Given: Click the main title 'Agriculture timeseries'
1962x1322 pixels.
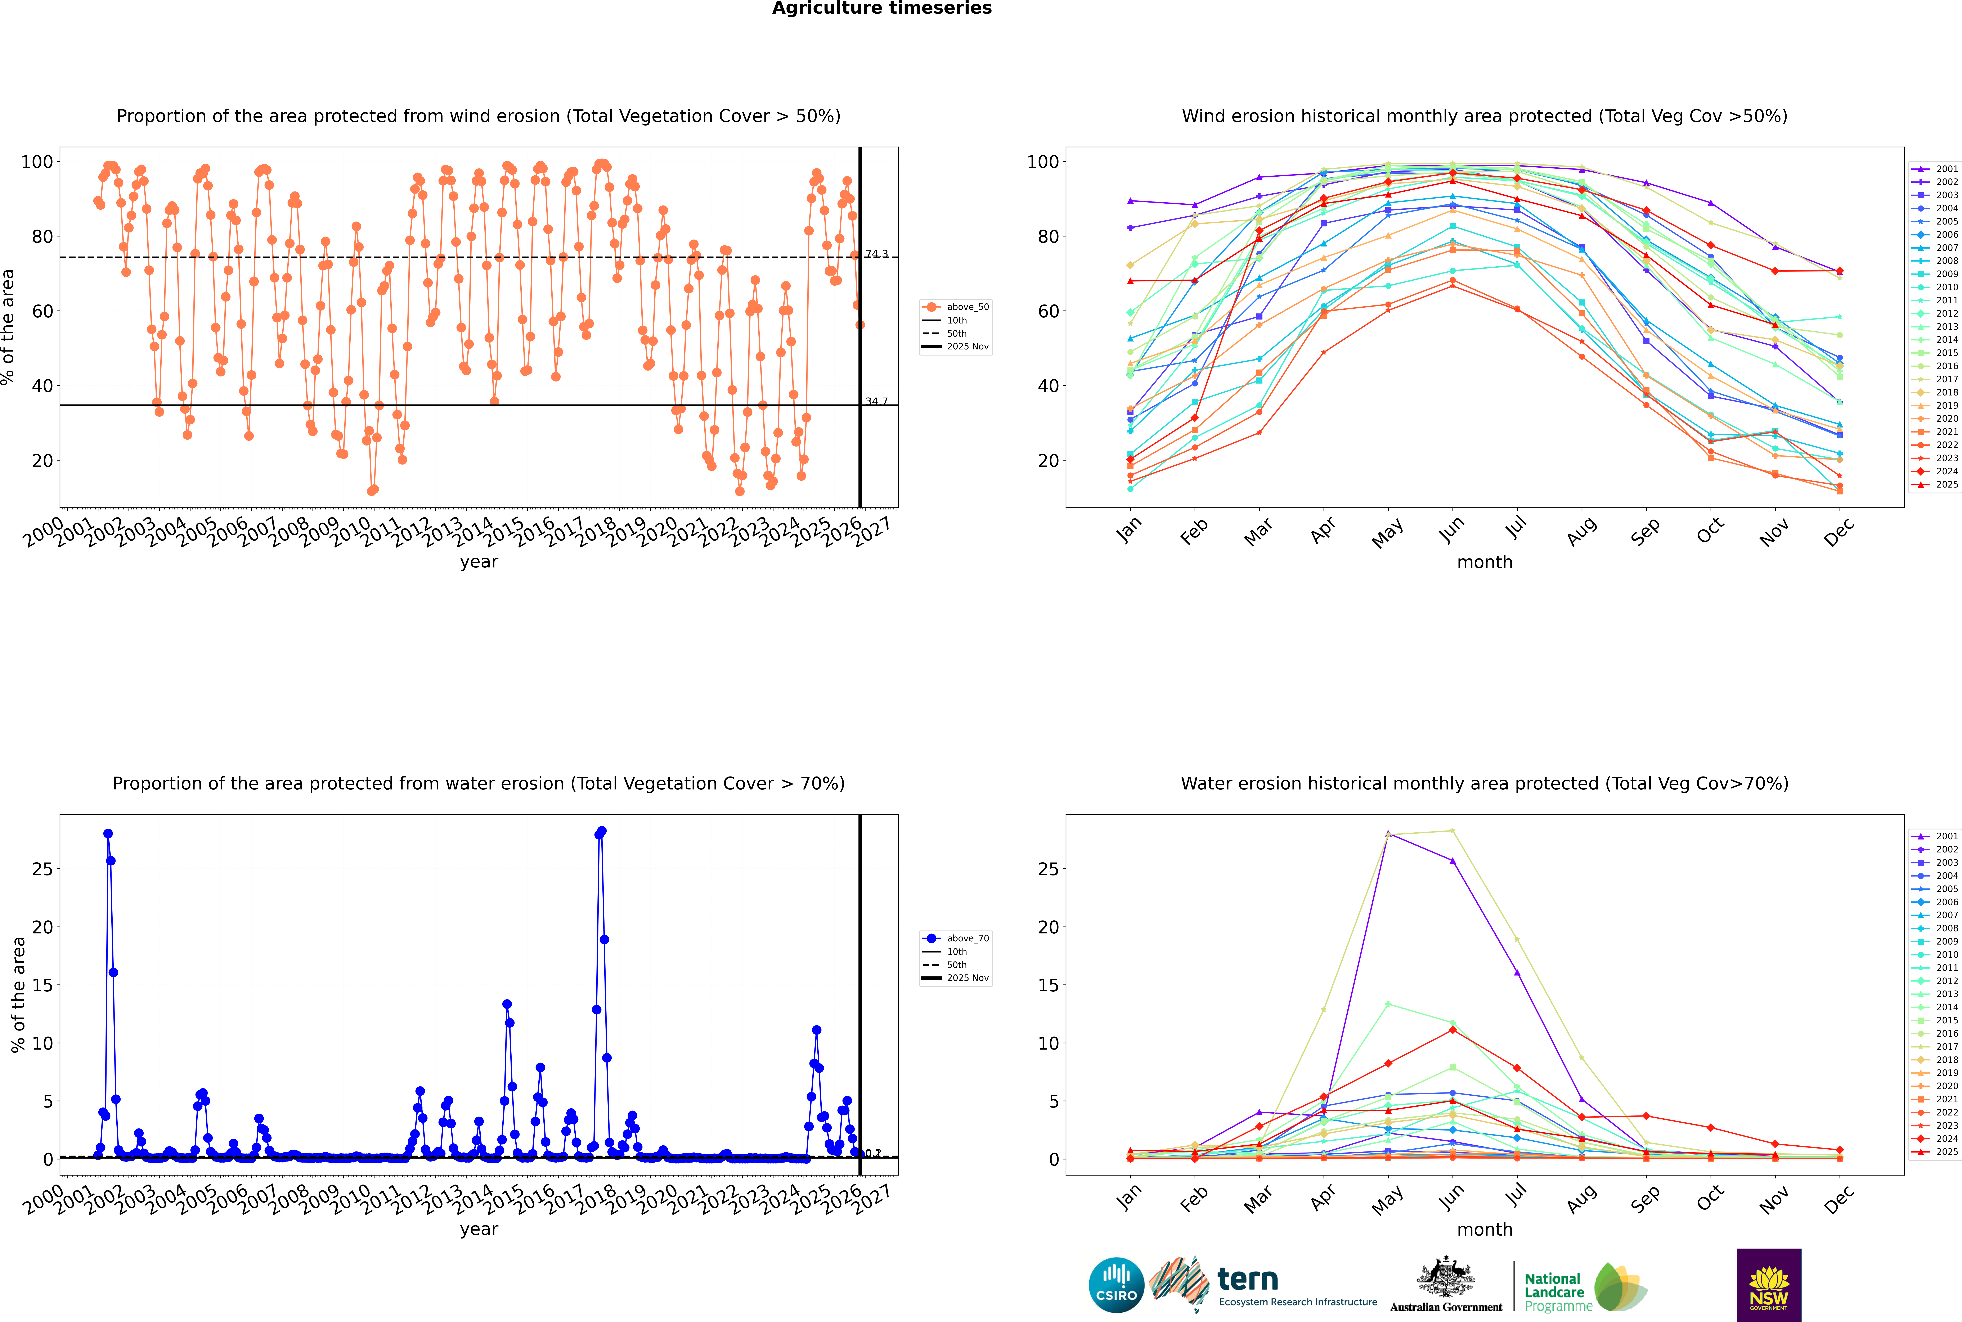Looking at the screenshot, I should (x=881, y=8).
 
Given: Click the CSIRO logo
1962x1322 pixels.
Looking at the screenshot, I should (x=1116, y=1285).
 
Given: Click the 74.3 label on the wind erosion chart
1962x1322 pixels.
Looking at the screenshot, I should (x=876, y=254).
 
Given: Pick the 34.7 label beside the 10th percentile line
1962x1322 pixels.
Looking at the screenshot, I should (x=876, y=401).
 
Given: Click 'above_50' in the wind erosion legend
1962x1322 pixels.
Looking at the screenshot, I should (x=967, y=307).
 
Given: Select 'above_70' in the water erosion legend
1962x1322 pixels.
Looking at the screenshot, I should (x=967, y=938).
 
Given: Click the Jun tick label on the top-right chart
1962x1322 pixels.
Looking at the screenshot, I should (x=1452, y=529).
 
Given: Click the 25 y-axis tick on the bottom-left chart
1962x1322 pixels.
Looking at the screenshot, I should (x=42, y=869).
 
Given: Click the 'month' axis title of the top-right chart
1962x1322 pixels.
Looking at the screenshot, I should (x=1485, y=562).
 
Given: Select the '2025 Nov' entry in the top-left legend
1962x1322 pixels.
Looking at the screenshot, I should (x=967, y=347).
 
